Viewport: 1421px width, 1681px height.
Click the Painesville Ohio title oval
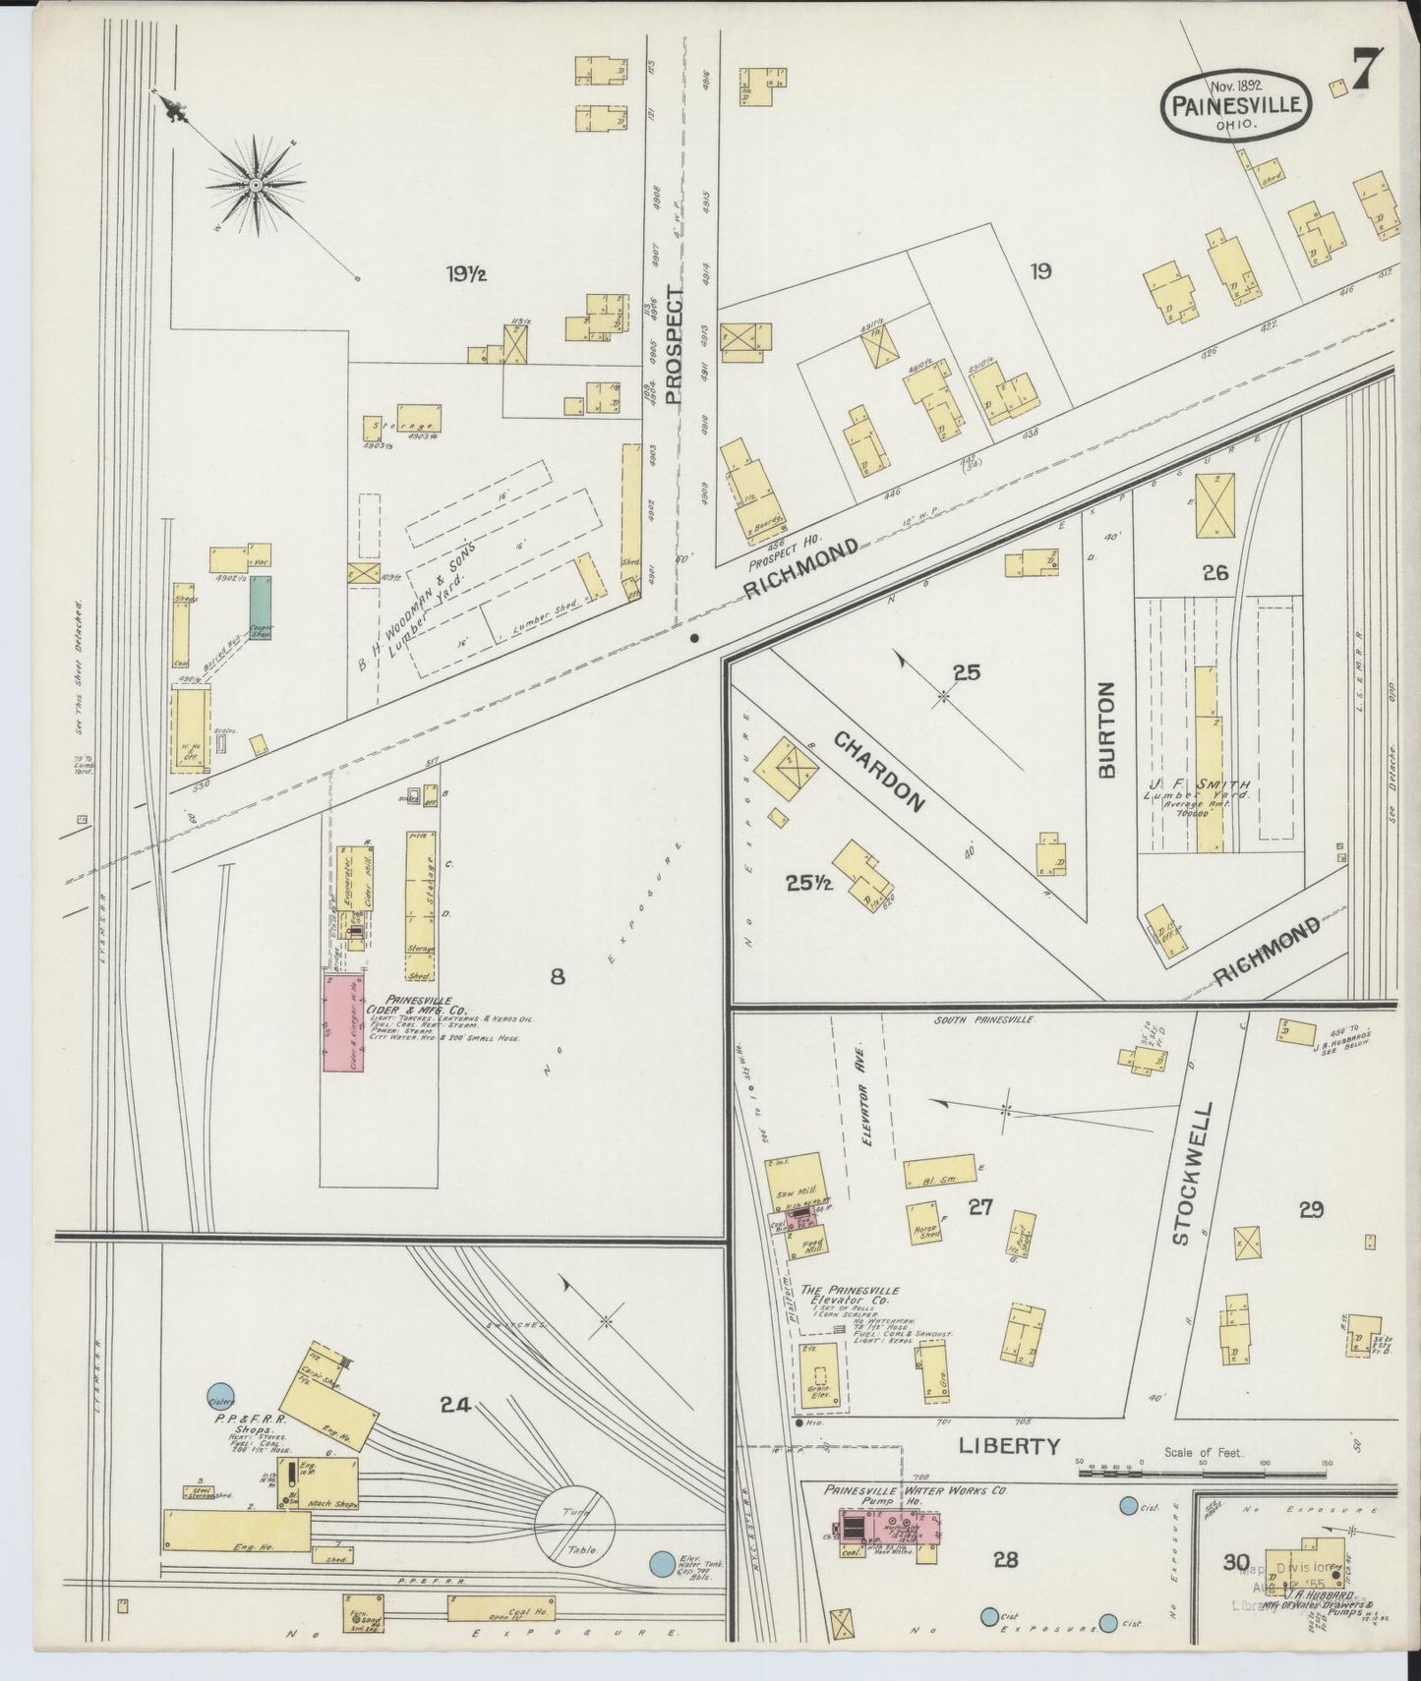pos(1237,104)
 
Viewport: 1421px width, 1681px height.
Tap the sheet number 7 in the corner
pos(1368,71)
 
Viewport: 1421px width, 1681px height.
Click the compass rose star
pos(255,185)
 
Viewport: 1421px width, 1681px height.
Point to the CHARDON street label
pos(880,772)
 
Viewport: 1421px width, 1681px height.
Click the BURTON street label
pos(1106,729)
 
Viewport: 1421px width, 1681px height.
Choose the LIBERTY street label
pos(1010,1445)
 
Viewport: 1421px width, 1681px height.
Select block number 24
pos(454,1406)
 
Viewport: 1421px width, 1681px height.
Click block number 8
pos(558,976)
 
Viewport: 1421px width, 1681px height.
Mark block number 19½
pos(465,274)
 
